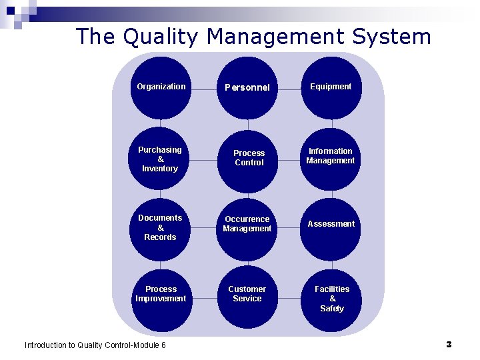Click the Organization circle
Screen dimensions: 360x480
click(x=161, y=87)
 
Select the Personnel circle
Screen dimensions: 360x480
click(x=247, y=87)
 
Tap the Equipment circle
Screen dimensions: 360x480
click(x=331, y=87)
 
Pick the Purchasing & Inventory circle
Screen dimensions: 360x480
click(x=160, y=159)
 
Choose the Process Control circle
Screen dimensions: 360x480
click(x=248, y=159)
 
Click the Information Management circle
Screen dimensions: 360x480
click(x=331, y=157)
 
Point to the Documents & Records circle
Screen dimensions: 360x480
click(x=160, y=228)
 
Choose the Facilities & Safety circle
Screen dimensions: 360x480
click(x=331, y=299)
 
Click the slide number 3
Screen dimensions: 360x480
click(x=449, y=345)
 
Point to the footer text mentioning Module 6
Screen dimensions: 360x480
click(x=95, y=345)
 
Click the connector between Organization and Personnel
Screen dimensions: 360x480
click(x=204, y=87)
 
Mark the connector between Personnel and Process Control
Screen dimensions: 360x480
click(x=248, y=124)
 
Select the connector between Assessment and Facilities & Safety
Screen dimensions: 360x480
click(x=331, y=264)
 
